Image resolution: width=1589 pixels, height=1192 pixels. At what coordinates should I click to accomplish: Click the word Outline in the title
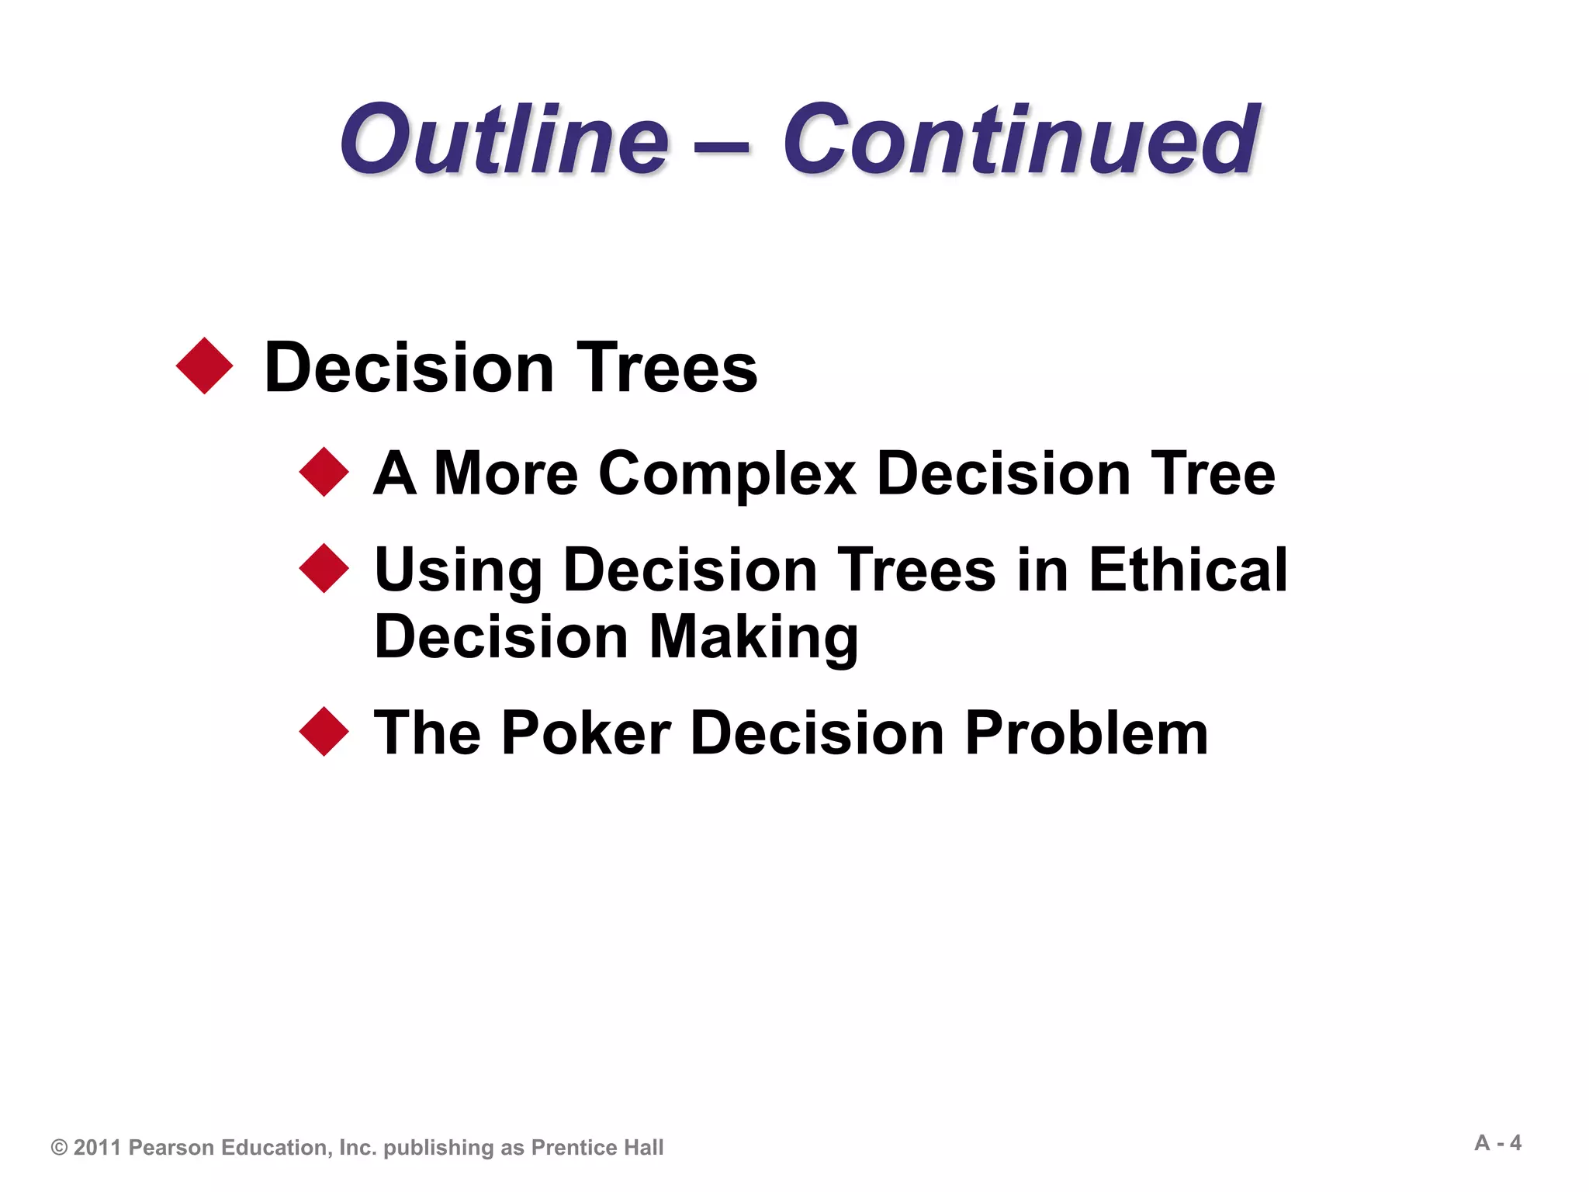pyautogui.click(x=504, y=141)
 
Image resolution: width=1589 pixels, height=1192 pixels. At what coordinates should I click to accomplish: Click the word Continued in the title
pyautogui.click(x=1020, y=141)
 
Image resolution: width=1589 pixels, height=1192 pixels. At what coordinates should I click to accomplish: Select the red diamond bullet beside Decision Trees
pyautogui.click(x=205, y=366)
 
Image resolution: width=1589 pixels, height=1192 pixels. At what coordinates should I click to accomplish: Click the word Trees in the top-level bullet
pyautogui.click(x=666, y=368)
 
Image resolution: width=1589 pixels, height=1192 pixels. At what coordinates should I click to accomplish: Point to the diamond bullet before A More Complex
pyautogui.click(x=324, y=472)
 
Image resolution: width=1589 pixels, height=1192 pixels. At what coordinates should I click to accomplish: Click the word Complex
pyautogui.click(x=727, y=475)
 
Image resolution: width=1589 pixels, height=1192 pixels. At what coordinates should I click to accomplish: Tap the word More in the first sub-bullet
pyautogui.click(x=506, y=473)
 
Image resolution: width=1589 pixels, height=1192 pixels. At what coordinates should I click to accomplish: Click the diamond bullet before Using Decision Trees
pyautogui.click(x=324, y=568)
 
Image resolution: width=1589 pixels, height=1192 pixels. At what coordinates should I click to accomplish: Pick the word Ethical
pyautogui.click(x=1188, y=570)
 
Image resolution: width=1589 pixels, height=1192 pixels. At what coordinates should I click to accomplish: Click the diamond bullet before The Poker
pyautogui.click(x=324, y=732)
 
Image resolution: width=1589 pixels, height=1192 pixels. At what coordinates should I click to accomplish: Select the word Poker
pyautogui.click(x=587, y=733)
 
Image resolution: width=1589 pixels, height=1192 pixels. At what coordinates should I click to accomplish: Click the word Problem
pyautogui.click(x=1086, y=733)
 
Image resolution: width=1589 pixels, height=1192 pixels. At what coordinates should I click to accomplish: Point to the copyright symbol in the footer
pyautogui.click(x=59, y=1148)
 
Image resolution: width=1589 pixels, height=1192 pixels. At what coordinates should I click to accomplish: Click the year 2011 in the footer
pyautogui.click(x=98, y=1148)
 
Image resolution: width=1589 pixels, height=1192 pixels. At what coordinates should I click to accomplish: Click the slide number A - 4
pyautogui.click(x=1497, y=1143)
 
